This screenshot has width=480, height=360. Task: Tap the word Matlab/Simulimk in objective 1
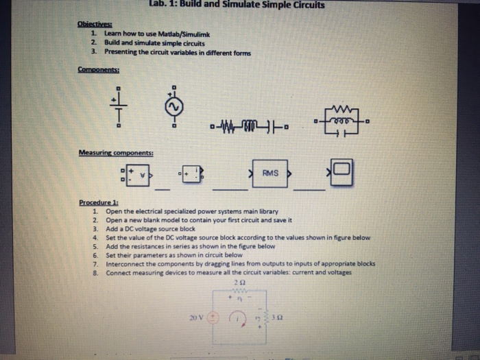click(163, 33)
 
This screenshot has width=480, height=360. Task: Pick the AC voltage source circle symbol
click(174, 107)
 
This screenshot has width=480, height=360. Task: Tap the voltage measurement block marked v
click(139, 174)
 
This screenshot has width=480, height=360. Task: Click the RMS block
click(269, 173)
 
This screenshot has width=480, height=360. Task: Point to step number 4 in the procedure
click(95, 237)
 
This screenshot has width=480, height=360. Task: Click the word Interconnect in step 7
click(126, 263)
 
